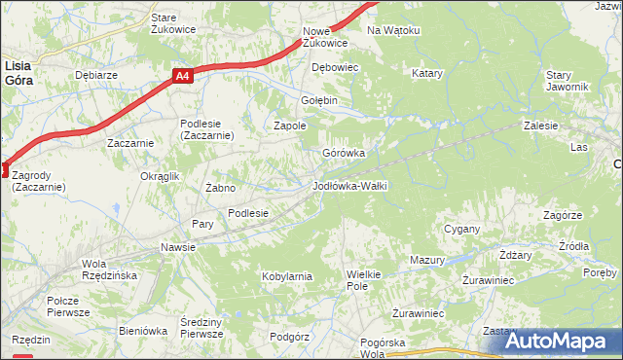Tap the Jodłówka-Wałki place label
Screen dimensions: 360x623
coord(350,185)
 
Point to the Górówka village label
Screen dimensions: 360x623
coord(344,153)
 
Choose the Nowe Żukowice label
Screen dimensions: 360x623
coord(324,37)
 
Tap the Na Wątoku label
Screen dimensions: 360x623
coord(392,30)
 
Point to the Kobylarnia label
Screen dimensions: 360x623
coord(287,276)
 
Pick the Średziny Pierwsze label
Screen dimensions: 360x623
coord(202,328)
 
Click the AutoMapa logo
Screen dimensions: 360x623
coord(555,342)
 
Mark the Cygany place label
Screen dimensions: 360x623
coord(462,229)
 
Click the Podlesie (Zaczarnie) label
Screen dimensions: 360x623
coord(206,129)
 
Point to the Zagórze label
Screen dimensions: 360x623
coord(563,215)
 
